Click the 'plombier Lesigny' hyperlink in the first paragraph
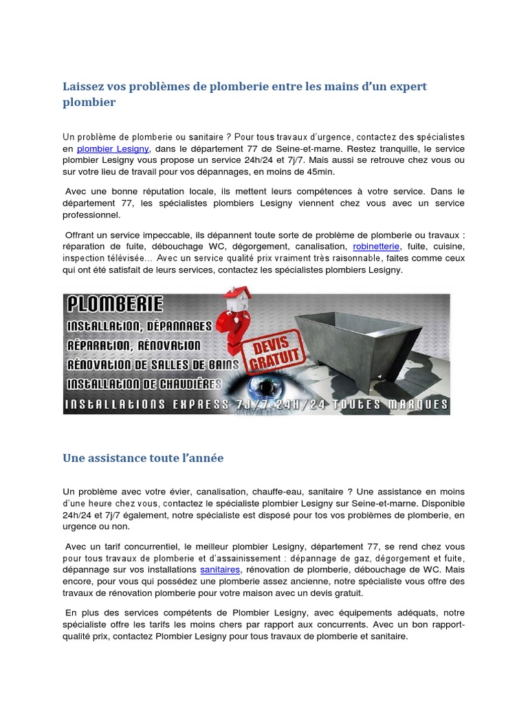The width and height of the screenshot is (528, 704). [x=113, y=148]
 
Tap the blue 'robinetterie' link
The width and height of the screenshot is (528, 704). [x=377, y=245]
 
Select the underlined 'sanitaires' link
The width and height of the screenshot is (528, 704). [x=220, y=570]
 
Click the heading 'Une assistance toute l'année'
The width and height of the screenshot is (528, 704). [x=143, y=458]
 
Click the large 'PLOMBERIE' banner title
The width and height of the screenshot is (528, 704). [x=113, y=303]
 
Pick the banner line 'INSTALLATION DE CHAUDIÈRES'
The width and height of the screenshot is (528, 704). [x=144, y=383]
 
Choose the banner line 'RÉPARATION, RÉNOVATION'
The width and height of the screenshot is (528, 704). [x=134, y=344]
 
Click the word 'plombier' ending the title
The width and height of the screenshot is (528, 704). [x=89, y=102]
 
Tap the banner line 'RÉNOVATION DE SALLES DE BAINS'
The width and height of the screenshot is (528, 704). [x=152, y=364]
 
